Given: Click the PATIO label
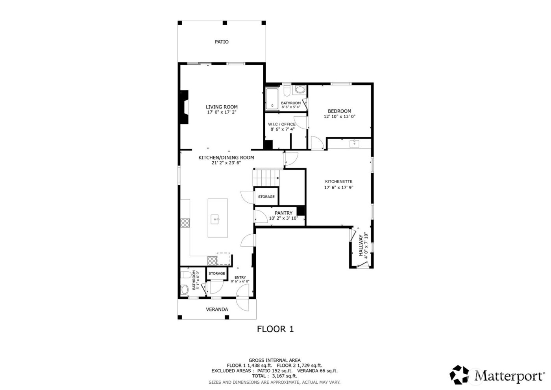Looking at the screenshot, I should click(222, 42).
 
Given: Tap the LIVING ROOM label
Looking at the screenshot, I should click(222, 107).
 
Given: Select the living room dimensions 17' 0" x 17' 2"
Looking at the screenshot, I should click(222, 112).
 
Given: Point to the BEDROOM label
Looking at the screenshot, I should click(339, 111).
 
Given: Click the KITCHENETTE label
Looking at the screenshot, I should click(338, 181).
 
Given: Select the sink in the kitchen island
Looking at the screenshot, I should click(215, 218).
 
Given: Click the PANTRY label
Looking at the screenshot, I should click(283, 213).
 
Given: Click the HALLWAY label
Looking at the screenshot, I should click(361, 246).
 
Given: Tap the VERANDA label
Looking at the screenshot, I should click(217, 310).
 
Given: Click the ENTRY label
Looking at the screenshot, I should click(240, 278).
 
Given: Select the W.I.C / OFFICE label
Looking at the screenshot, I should click(282, 124).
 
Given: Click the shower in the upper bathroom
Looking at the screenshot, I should click(272, 98).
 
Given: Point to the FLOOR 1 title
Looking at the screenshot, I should click(275, 329).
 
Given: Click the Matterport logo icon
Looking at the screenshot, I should click(460, 374).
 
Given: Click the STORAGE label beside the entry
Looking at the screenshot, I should click(216, 273).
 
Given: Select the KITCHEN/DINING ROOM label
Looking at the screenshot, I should click(226, 157).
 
